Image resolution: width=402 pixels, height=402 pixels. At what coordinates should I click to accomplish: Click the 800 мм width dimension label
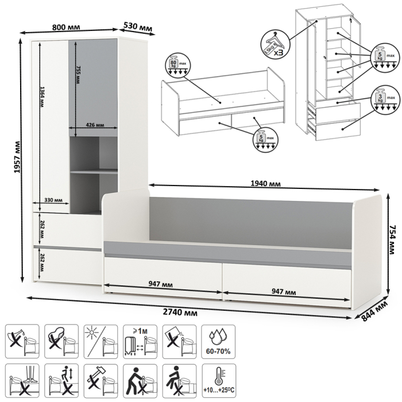(65, 26)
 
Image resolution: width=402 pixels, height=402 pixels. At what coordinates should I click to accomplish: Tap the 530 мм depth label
(138, 27)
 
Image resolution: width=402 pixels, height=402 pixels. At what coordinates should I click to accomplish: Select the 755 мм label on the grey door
(78, 75)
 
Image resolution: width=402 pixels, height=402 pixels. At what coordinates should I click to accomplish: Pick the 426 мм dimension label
(94, 125)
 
